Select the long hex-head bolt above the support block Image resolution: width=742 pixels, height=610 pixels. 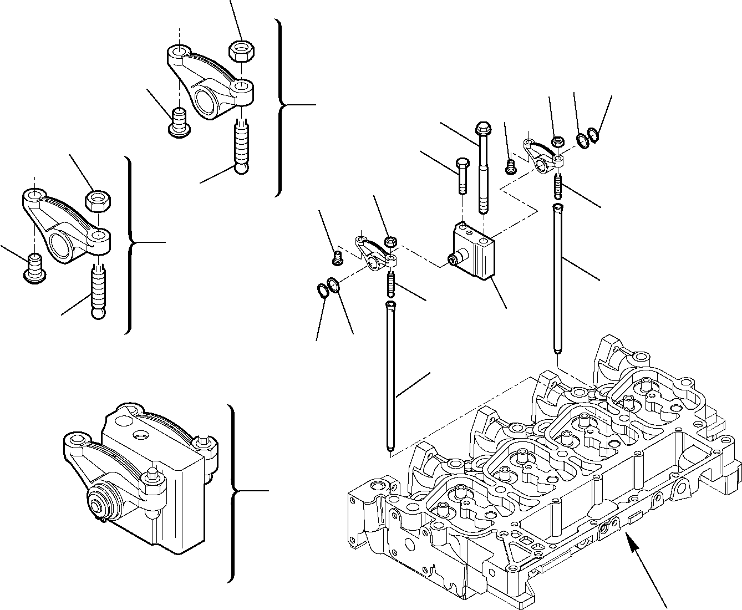point(482,166)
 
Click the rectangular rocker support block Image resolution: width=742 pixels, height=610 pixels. point(474,250)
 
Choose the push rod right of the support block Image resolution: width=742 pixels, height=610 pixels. point(557,277)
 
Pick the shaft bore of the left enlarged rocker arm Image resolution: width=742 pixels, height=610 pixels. point(63,244)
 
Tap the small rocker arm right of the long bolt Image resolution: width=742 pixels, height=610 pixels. point(542,155)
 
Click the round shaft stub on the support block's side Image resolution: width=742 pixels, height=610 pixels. point(454,259)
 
